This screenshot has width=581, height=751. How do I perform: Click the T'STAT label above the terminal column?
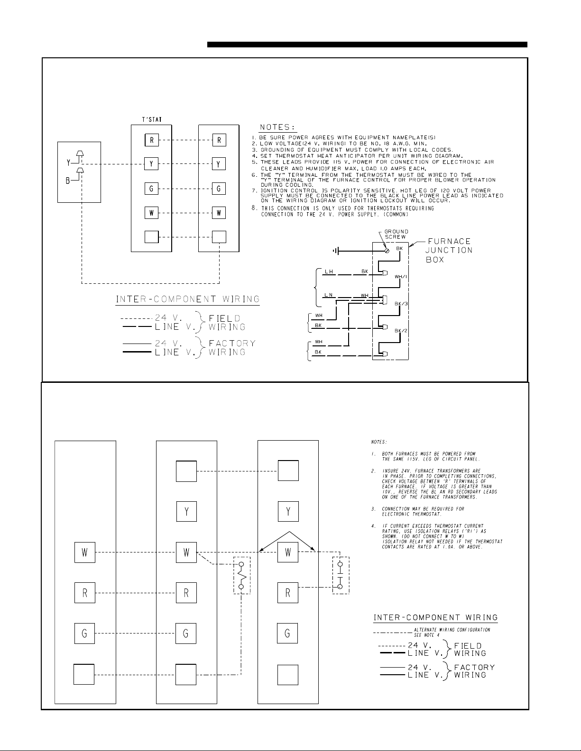click(x=152, y=119)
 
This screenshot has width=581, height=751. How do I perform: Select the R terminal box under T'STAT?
click(x=151, y=140)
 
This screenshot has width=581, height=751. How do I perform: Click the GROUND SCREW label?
click(x=396, y=235)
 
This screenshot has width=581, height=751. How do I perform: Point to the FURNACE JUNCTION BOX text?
click(x=449, y=251)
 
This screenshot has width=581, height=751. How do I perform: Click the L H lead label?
click(x=328, y=271)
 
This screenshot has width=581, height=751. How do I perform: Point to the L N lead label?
click(x=328, y=296)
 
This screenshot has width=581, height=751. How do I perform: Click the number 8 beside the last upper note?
click(x=254, y=208)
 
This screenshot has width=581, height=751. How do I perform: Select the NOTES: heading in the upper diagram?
click(x=277, y=127)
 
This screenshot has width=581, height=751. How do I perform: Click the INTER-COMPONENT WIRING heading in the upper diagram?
click(x=188, y=299)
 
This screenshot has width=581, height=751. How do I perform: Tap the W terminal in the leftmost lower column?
click(x=85, y=552)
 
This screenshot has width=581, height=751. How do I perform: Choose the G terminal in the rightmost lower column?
click(x=288, y=633)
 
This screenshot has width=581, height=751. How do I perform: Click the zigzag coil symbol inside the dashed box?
click(x=241, y=575)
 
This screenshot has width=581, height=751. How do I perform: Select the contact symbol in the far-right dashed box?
click(x=340, y=575)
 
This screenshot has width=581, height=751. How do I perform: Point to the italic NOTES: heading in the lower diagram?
click(x=379, y=443)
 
